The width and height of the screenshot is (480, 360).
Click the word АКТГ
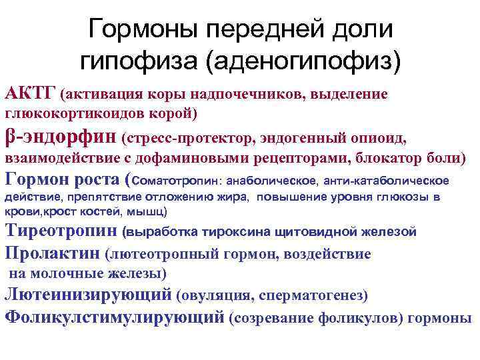(30, 93)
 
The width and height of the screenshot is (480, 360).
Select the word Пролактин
(53, 253)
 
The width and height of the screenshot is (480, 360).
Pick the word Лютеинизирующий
(89, 294)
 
